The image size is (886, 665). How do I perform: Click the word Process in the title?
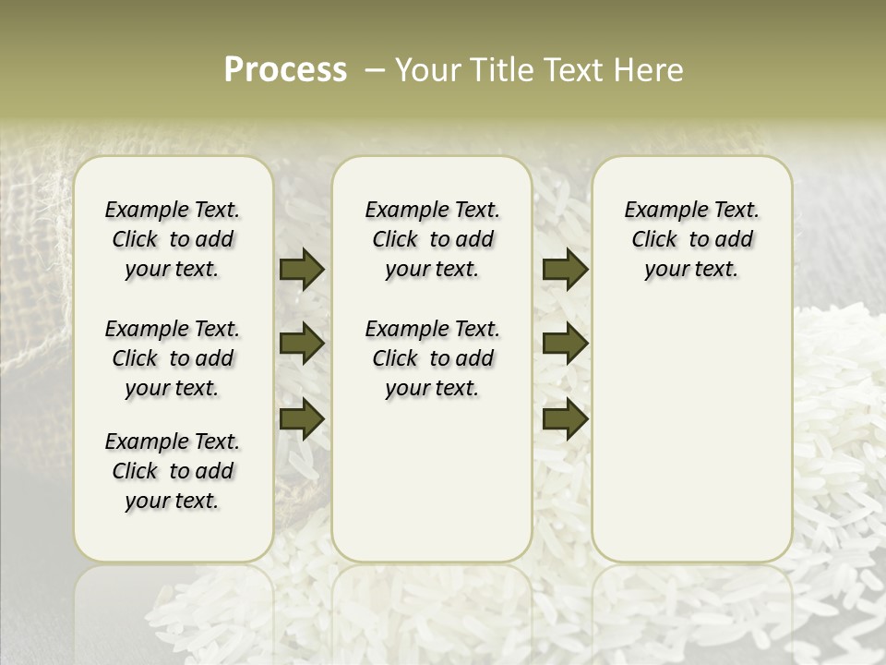tap(285, 69)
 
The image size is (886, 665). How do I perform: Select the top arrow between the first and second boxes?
tap(302, 269)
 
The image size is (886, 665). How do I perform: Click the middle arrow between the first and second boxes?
tap(302, 344)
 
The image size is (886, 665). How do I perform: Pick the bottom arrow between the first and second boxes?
tap(302, 418)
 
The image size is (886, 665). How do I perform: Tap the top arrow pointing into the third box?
tap(565, 269)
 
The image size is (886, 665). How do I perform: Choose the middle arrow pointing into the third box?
tap(565, 344)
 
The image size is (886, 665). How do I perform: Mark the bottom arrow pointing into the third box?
tap(565, 418)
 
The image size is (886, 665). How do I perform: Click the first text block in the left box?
tap(173, 239)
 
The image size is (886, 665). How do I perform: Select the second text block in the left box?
tap(173, 358)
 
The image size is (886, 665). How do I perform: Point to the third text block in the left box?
tap(173, 471)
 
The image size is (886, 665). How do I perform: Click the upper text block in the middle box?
tap(432, 239)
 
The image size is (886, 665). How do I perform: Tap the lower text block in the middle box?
tap(432, 358)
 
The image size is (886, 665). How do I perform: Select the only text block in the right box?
tap(691, 239)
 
